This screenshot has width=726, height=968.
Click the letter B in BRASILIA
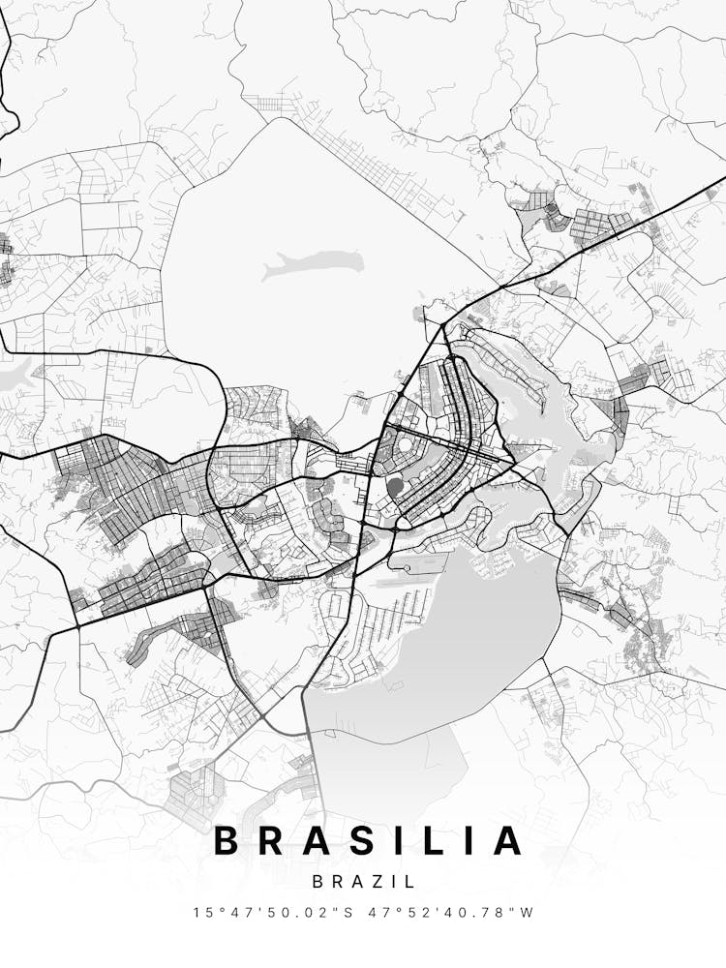(x=227, y=840)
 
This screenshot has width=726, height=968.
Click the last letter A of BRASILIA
(x=507, y=840)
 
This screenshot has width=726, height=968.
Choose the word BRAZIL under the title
(x=363, y=882)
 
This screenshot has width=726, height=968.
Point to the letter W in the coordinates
(x=528, y=912)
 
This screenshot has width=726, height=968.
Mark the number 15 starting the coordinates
(x=200, y=912)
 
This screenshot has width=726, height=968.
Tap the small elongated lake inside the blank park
(x=315, y=261)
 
